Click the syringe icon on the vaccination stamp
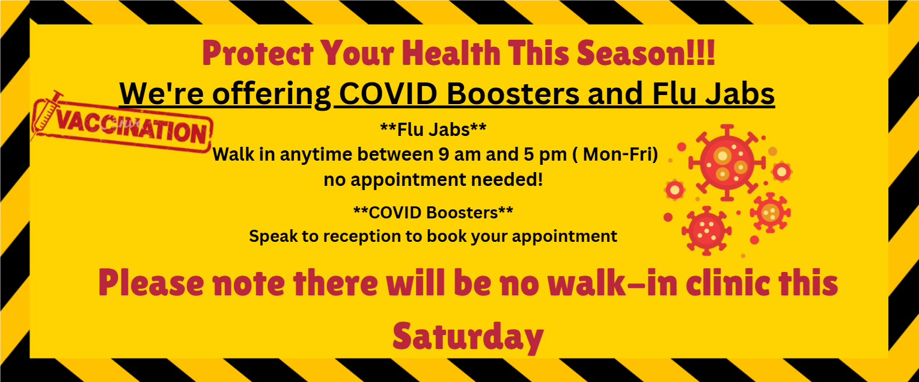[47, 114]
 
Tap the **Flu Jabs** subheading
[433, 129]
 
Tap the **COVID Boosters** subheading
[433, 212]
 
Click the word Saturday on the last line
[468, 336]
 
